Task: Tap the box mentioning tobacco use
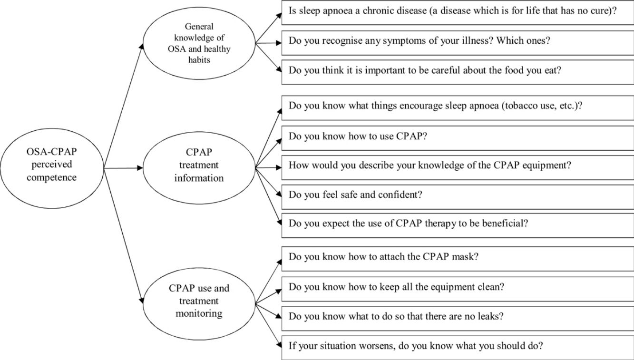coord(457,107)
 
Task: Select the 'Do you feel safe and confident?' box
coord(457,195)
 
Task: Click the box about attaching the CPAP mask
coord(457,257)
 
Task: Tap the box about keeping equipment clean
coord(457,287)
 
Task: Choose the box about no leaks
coord(457,317)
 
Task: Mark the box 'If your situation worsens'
coord(457,346)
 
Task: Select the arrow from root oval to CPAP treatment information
coord(123,168)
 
